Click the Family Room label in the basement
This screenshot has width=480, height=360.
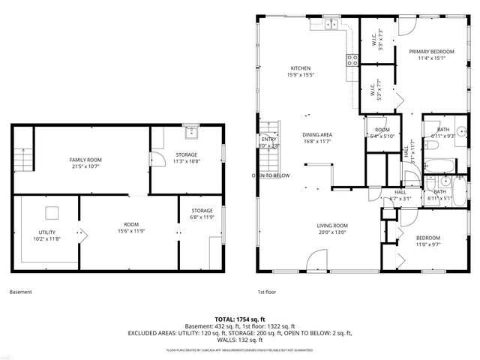[x=85, y=163]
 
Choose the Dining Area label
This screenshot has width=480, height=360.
[x=318, y=138]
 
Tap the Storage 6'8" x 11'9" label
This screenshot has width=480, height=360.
[x=202, y=214]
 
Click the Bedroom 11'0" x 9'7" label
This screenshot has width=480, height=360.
[x=428, y=241]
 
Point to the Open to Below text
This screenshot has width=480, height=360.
[x=271, y=175]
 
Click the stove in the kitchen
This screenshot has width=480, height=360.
[x=351, y=60]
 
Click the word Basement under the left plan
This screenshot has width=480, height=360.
[x=20, y=292]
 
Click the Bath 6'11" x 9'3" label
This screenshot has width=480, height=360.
[x=443, y=133]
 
